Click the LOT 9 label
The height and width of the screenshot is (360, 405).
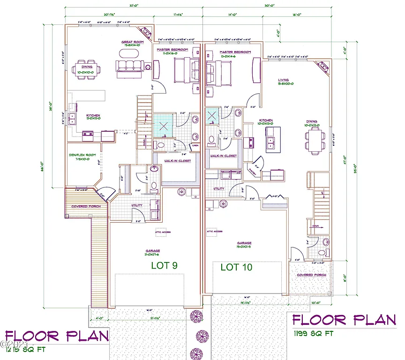[x=164, y=265]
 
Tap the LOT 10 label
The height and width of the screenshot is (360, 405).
[x=236, y=267]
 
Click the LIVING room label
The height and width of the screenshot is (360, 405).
[x=283, y=80]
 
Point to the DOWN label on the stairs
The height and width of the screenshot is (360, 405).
[x=315, y=225]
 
